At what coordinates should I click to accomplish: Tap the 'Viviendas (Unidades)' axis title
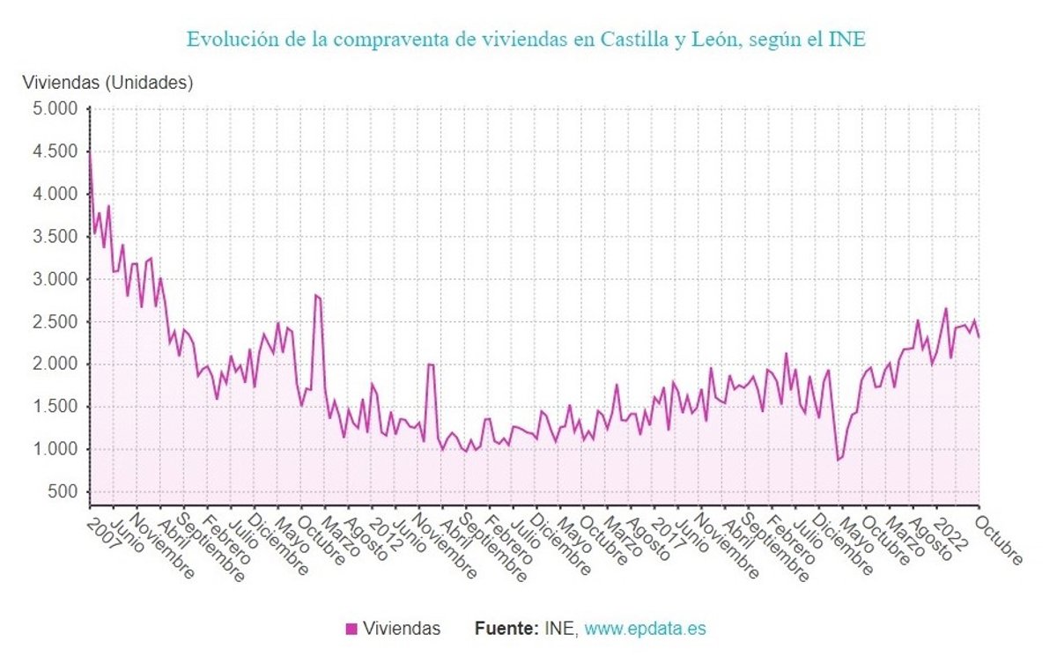[107, 84]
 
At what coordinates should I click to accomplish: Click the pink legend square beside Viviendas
[351, 630]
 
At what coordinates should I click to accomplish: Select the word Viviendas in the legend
[403, 630]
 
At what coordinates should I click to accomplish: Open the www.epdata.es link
[646, 630]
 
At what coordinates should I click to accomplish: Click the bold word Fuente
[506, 630]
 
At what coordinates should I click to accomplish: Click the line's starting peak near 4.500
[90, 151]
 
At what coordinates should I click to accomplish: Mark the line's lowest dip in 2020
[839, 460]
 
